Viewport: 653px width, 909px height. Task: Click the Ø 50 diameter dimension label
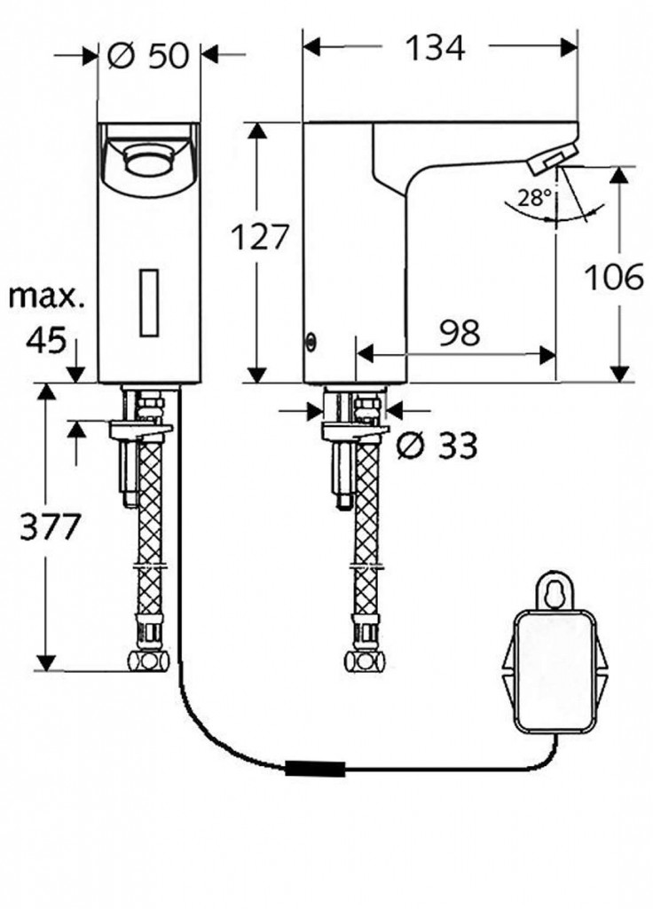(x=148, y=56)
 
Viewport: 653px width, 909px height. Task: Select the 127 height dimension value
(x=260, y=237)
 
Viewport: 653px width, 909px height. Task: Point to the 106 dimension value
(x=613, y=278)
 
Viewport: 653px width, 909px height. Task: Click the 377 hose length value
(x=51, y=528)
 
